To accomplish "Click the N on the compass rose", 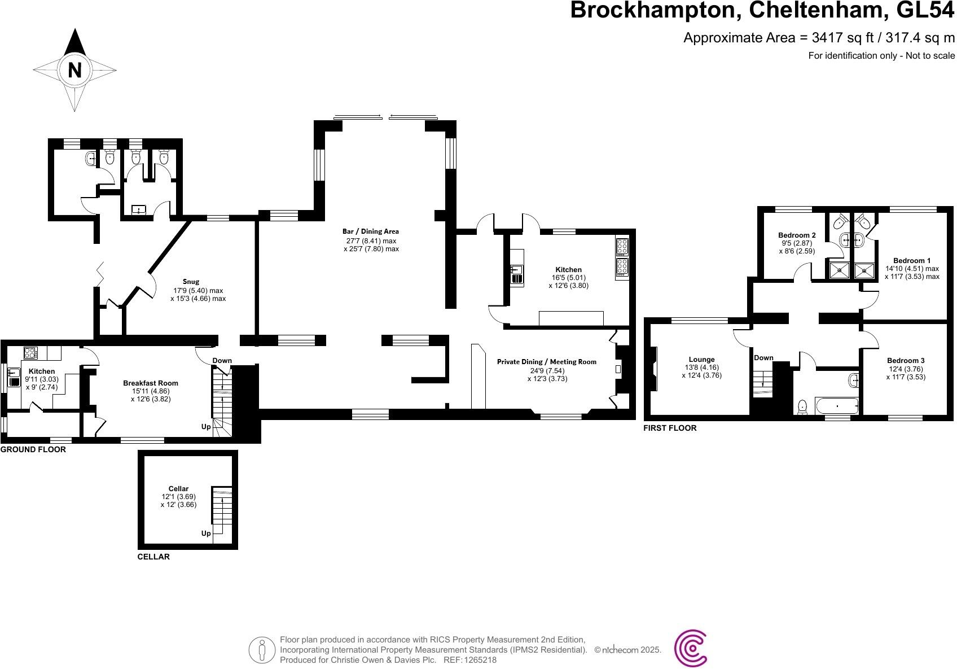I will pos(74,70).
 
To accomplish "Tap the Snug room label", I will pos(191,281).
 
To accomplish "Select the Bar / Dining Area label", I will pos(371,231).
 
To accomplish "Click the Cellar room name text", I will pos(178,488).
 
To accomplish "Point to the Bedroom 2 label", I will pos(797,235).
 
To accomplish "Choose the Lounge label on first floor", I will pos(701,359).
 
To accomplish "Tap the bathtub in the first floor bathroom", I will pos(837,406).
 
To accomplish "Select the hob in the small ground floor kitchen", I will pos(30,353).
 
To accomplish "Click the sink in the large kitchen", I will pos(517,274).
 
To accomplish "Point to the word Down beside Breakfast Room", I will pos(222,361).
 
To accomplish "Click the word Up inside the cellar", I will pos(206,534).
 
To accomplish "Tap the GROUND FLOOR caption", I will pos(33,450).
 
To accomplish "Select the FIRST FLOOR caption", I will pos(670,428).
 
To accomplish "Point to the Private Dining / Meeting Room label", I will pos(546,362).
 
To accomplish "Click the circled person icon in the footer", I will pos(261,650).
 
